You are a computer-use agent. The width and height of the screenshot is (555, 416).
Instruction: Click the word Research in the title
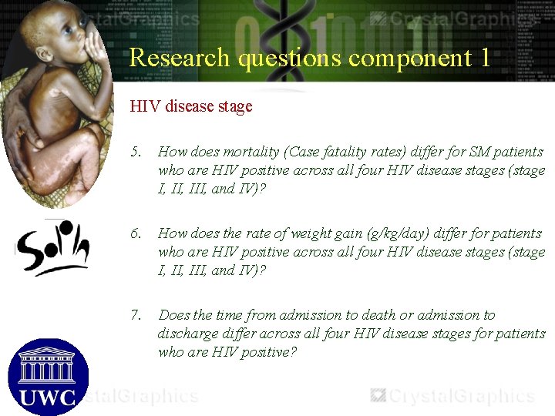pyautogui.click(x=179, y=58)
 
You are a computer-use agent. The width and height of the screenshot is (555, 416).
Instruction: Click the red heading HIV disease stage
pyautogui.click(x=191, y=106)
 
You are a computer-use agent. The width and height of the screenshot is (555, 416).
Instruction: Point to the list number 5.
pyautogui.click(x=136, y=153)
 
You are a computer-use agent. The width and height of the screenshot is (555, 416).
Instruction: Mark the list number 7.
pyautogui.click(x=136, y=315)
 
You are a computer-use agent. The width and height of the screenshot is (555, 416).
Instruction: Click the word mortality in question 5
pyautogui.click(x=251, y=153)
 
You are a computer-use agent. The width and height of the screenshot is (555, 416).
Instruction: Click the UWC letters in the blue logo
pyautogui.click(x=47, y=398)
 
